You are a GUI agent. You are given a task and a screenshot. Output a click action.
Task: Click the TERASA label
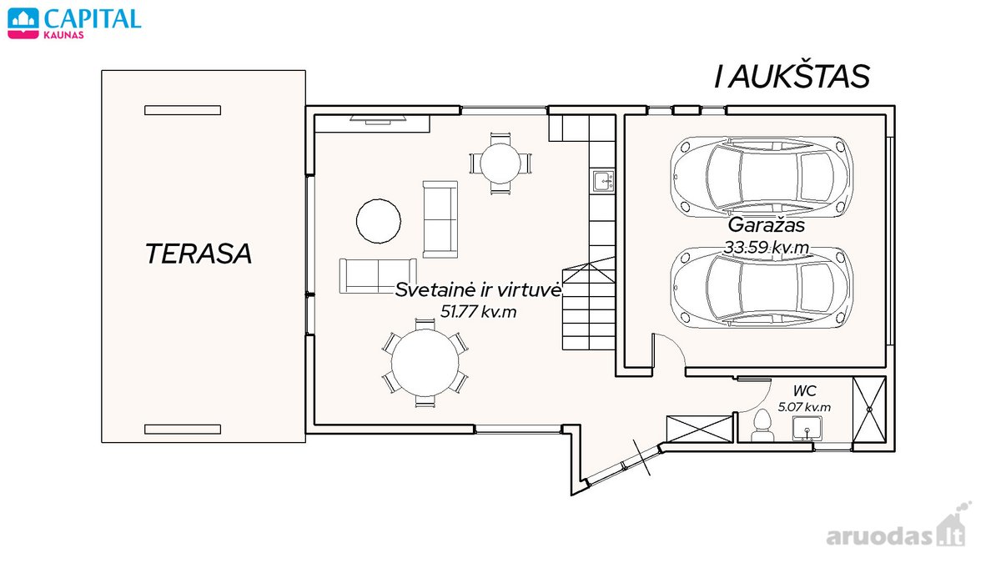[x=199, y=254]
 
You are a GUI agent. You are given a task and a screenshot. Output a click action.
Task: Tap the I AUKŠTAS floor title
[x=792, y=77]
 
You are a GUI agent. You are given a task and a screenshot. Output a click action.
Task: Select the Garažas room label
[x=766, y=224]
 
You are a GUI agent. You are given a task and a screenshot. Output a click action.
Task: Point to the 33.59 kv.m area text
[x=766, y=247]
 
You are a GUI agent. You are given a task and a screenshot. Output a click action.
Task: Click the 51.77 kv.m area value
[x=478, y=311]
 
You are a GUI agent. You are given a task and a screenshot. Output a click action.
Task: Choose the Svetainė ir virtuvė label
[x=478, y=290]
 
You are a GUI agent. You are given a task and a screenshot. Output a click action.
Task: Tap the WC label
[x=804, y=391]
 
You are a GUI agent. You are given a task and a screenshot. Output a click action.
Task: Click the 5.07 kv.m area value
[x=804, y=407]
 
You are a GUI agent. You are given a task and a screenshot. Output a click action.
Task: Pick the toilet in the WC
[x=762, y=426]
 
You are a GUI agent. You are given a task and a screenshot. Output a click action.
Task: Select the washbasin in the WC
[x=807, y=429]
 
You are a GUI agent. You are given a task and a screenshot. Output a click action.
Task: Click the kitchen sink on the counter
[x=604, y=181]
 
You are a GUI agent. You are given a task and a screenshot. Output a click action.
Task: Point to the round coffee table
[x=379, y=221]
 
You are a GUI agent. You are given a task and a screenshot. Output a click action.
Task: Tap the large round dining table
[x=425, y=363]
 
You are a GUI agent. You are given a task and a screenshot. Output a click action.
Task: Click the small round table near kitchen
[x=500, y=163]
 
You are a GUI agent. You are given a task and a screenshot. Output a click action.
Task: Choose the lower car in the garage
[x=762, y=287]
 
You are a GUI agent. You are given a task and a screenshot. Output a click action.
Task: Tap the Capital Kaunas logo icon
[x=23, y=23]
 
